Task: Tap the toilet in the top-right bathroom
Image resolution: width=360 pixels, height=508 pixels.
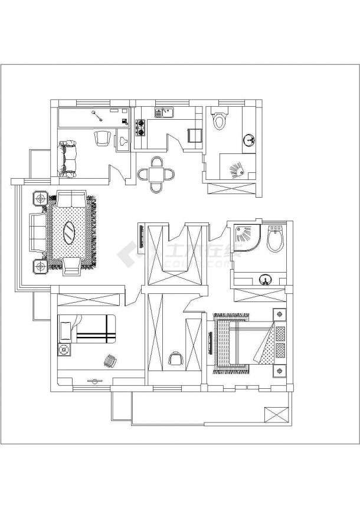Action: pos(219,120)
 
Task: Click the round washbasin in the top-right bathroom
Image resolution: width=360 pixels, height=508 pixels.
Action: pos(250,140)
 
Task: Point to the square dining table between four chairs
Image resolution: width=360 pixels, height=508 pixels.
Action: pos(156,174)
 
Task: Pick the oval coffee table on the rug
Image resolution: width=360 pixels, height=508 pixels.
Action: pos(69,232)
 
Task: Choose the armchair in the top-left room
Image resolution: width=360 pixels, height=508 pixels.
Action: pos(102,137)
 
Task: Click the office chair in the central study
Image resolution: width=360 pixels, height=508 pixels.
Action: pos(175,359)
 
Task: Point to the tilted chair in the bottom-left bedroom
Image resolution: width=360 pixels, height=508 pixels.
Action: pos(110,360)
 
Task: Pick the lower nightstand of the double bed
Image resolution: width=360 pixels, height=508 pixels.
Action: pos(279,371)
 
